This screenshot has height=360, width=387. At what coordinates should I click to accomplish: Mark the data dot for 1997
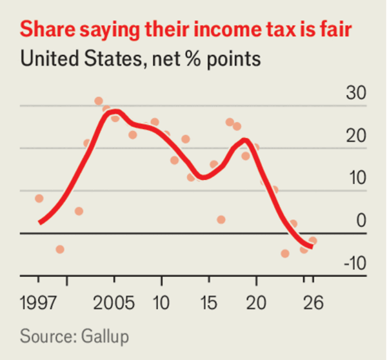[x=39, y=199]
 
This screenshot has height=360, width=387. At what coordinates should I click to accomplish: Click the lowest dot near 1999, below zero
[x=60, y=249]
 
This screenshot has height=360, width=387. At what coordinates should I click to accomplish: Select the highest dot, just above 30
[x=99, y=101]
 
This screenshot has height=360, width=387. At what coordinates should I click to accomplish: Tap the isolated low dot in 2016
[x=221, y=220]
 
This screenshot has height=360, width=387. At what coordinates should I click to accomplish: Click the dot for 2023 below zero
[x=285, y=254]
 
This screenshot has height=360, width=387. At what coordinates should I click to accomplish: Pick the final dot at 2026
[x=313, y=241]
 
